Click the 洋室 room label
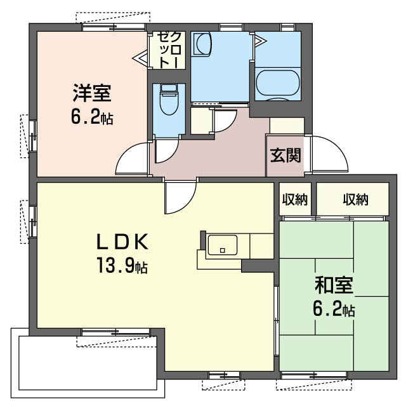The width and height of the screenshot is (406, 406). pyautogui.click(x=92, y=93)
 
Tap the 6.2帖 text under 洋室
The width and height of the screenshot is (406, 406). pyautogui.click(x=92, y=118)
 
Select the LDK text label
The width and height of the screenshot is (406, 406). pyautogui.click(x=122, y=241)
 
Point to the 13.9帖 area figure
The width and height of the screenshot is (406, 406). pyautogui.click(x=122, y=265)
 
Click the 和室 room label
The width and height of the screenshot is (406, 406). pyautogui.click(x=334, y=285)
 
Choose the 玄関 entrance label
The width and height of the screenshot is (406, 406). pyautogui.click(x=285, y=155)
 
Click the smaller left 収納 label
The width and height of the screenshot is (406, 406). pyautogui.click(x=295, y=199)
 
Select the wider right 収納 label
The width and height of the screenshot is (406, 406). pyautogui.click(x=355, y=199)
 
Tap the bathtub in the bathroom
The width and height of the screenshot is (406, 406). pyautogui.click(x=278, y=83)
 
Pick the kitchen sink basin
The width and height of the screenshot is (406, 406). pyautogui.click(x=223, y=245)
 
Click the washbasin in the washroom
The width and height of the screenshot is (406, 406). pyautogui.click(x=202, y=44)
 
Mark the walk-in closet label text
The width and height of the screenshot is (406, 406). pyautogui.click(x=169, y=50)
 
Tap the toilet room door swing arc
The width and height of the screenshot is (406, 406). pyautogui.click(x=171, y=155)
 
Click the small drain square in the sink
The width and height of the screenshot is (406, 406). pyautogui.click(x=223, y=251)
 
